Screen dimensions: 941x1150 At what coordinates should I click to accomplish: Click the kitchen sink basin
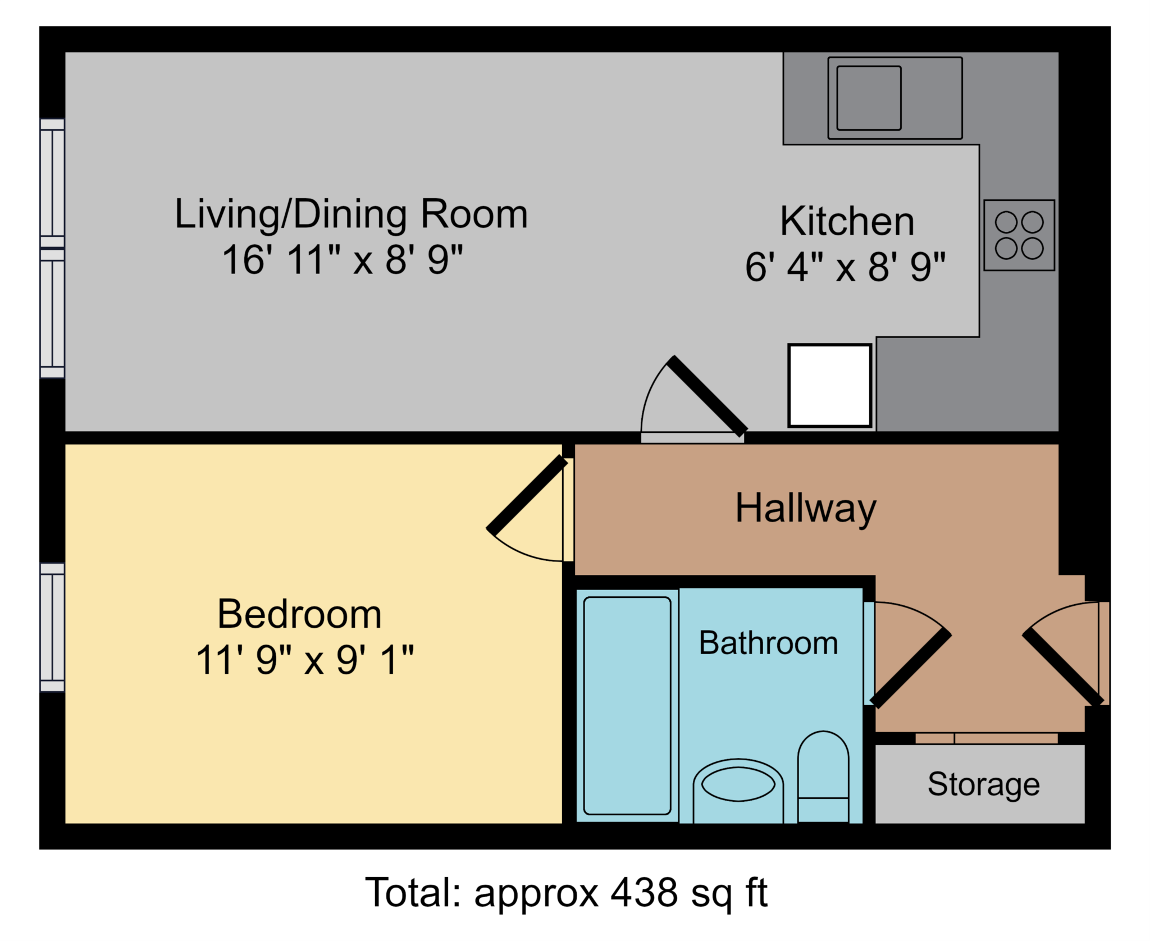[x=868, y=98]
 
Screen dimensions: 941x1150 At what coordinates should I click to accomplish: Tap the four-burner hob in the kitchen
[x=1019, y=235]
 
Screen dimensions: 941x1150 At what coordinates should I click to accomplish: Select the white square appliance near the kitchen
[x=829, y=386]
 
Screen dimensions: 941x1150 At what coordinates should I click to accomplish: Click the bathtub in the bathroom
[x=627, y=705]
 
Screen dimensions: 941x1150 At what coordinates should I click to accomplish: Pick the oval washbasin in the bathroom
[x=738, y=784]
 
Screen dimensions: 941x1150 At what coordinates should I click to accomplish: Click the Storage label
[x=983, y=784]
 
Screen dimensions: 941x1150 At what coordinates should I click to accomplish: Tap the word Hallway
[x=805, y=509]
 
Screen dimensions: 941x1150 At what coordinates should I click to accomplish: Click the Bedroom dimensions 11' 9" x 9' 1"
[x=305, y=660]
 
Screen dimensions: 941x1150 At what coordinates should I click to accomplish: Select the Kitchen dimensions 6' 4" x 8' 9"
[x=845, y=267]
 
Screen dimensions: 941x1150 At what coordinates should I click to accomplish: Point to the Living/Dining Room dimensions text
[x=343, y=260]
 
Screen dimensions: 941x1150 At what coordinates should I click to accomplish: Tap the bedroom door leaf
[x=527, y=495]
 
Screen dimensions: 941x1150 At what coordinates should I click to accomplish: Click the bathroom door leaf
[x=911, y=668]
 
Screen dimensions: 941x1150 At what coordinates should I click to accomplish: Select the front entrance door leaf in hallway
[x=1063, y=668]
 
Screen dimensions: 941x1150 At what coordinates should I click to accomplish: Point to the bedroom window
[x=52, y=627]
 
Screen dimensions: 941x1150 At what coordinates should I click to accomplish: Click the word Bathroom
[x=768, y=643]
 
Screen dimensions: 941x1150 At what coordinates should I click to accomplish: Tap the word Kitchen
[x=847, y=222]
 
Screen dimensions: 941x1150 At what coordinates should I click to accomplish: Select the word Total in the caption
[x=413, y=893]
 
